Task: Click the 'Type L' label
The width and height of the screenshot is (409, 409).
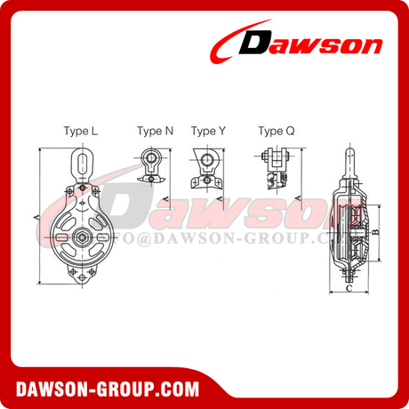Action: coord(81,131)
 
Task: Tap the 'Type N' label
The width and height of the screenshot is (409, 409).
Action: coord(155,131)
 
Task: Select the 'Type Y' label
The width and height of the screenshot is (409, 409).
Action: coord(209,131)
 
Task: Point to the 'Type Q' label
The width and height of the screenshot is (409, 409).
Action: coord(275,131)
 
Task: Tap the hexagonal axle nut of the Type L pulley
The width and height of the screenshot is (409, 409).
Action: coord(81,237)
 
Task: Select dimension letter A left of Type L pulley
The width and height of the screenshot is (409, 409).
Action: coord(34,216)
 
